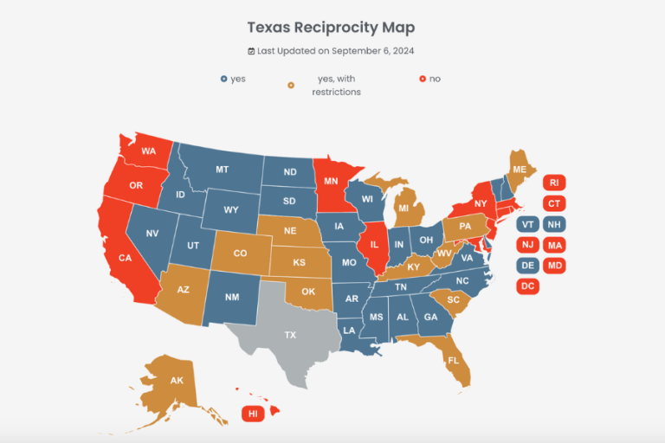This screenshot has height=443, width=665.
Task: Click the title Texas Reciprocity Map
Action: [331, 28]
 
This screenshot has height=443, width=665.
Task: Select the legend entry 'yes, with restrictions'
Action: [336, 85]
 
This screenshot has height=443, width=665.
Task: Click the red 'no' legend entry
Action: [429, 79]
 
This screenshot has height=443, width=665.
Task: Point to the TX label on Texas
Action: [290, 335]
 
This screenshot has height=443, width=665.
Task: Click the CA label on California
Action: [125, 258]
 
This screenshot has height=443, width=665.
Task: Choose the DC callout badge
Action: [527, 286]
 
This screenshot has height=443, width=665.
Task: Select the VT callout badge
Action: [527, 224]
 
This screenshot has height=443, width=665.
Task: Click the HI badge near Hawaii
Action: [253, 414]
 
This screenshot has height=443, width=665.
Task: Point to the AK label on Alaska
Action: [177, 381]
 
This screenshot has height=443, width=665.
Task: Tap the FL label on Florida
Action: [453, 359]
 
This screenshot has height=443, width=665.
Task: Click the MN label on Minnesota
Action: [331, 183]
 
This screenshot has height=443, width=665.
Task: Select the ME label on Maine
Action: [520, 169]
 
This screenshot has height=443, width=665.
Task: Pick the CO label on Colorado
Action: [240, 254]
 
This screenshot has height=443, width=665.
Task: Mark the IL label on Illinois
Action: [374, 245]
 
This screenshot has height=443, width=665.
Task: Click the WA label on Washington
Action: [148, 151]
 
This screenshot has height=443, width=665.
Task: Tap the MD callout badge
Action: [554, 265]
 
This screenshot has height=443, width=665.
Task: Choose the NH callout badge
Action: [554, 224]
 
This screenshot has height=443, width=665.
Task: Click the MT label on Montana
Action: [222, 170]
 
